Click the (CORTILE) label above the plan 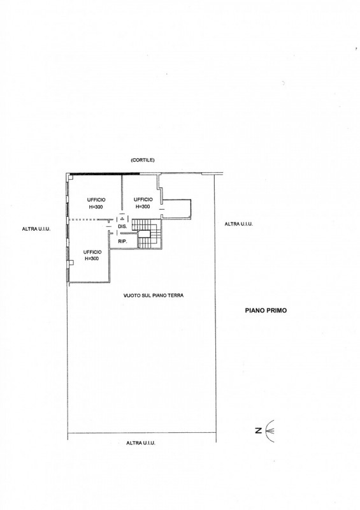tap(143, 160)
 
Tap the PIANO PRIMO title tap(266, 310)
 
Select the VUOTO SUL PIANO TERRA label tap(154, 295)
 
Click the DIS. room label tap(122, 226)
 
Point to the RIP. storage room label tap(122, 242)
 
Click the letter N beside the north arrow tap(259, 431)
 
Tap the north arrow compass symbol tap(270, 431)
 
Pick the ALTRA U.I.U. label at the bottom tap(141, 443)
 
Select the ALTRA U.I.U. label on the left tap(36, 229)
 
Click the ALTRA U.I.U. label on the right tap(239, 224)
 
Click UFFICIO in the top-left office tap(96, 200)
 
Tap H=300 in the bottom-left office tap(92, 259)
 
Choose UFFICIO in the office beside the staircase tap(143, 200)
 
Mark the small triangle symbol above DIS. tap(122, 219)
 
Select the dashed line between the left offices tap(83, 220)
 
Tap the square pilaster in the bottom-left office tap(71, 263)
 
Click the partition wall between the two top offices tap(122, 193)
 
